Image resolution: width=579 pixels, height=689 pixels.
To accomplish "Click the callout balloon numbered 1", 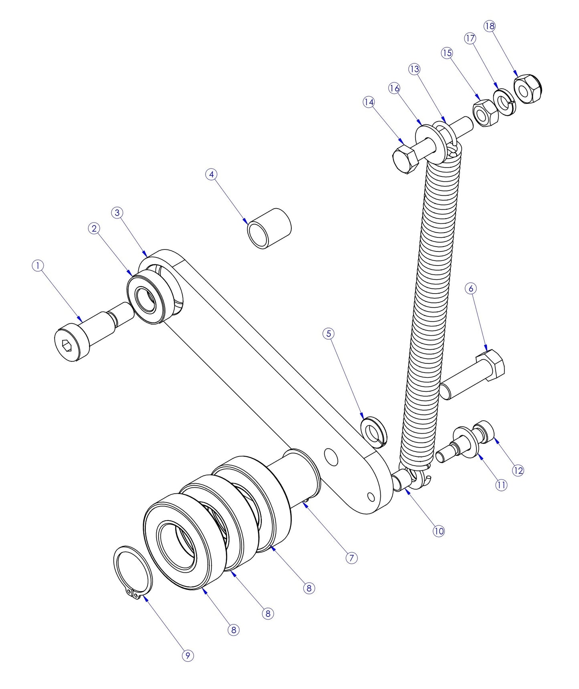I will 38,265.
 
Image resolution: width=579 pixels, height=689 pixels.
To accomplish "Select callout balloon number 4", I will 212,174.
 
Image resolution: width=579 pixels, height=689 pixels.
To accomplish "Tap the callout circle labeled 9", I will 188,655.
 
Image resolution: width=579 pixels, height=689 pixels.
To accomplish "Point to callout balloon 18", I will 490,26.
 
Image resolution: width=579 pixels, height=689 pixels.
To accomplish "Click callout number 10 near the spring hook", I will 439,531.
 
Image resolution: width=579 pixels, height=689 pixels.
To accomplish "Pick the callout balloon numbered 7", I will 351,558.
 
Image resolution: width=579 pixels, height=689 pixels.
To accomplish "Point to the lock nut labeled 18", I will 528,89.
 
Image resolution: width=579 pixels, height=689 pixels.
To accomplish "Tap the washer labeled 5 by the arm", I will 373,431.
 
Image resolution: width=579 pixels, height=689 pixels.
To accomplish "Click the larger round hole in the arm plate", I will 331,457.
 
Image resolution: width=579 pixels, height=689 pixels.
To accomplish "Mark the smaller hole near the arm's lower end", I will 371,498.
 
